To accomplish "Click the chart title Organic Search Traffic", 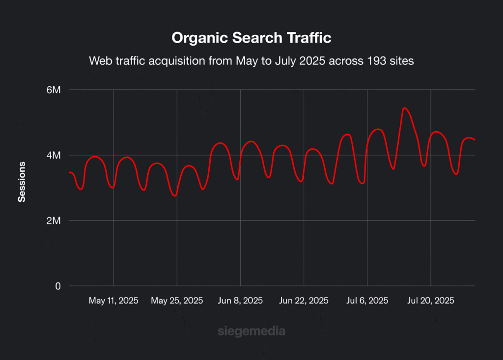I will [x=251, y=38].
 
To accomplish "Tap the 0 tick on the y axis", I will [x=58, y=286].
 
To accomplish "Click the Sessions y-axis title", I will [x=22, y=181].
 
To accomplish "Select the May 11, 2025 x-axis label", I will [x=113, y=301].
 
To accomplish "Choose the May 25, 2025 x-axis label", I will [x=177, y=301].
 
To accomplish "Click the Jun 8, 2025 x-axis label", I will [x=240, y=301].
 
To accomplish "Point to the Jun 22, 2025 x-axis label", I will [x=304, y=301].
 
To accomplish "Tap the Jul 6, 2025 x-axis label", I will [x=367, y=301].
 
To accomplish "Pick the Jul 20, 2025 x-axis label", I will [x=431, y=301].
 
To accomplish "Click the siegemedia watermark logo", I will [x=251, y=332].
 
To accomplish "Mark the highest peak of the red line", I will [x=404, y=108].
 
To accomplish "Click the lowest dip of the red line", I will [x=174, y=196].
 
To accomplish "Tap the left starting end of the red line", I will [x=70, y=172].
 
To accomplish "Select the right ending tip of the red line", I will [x=475, y=140].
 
